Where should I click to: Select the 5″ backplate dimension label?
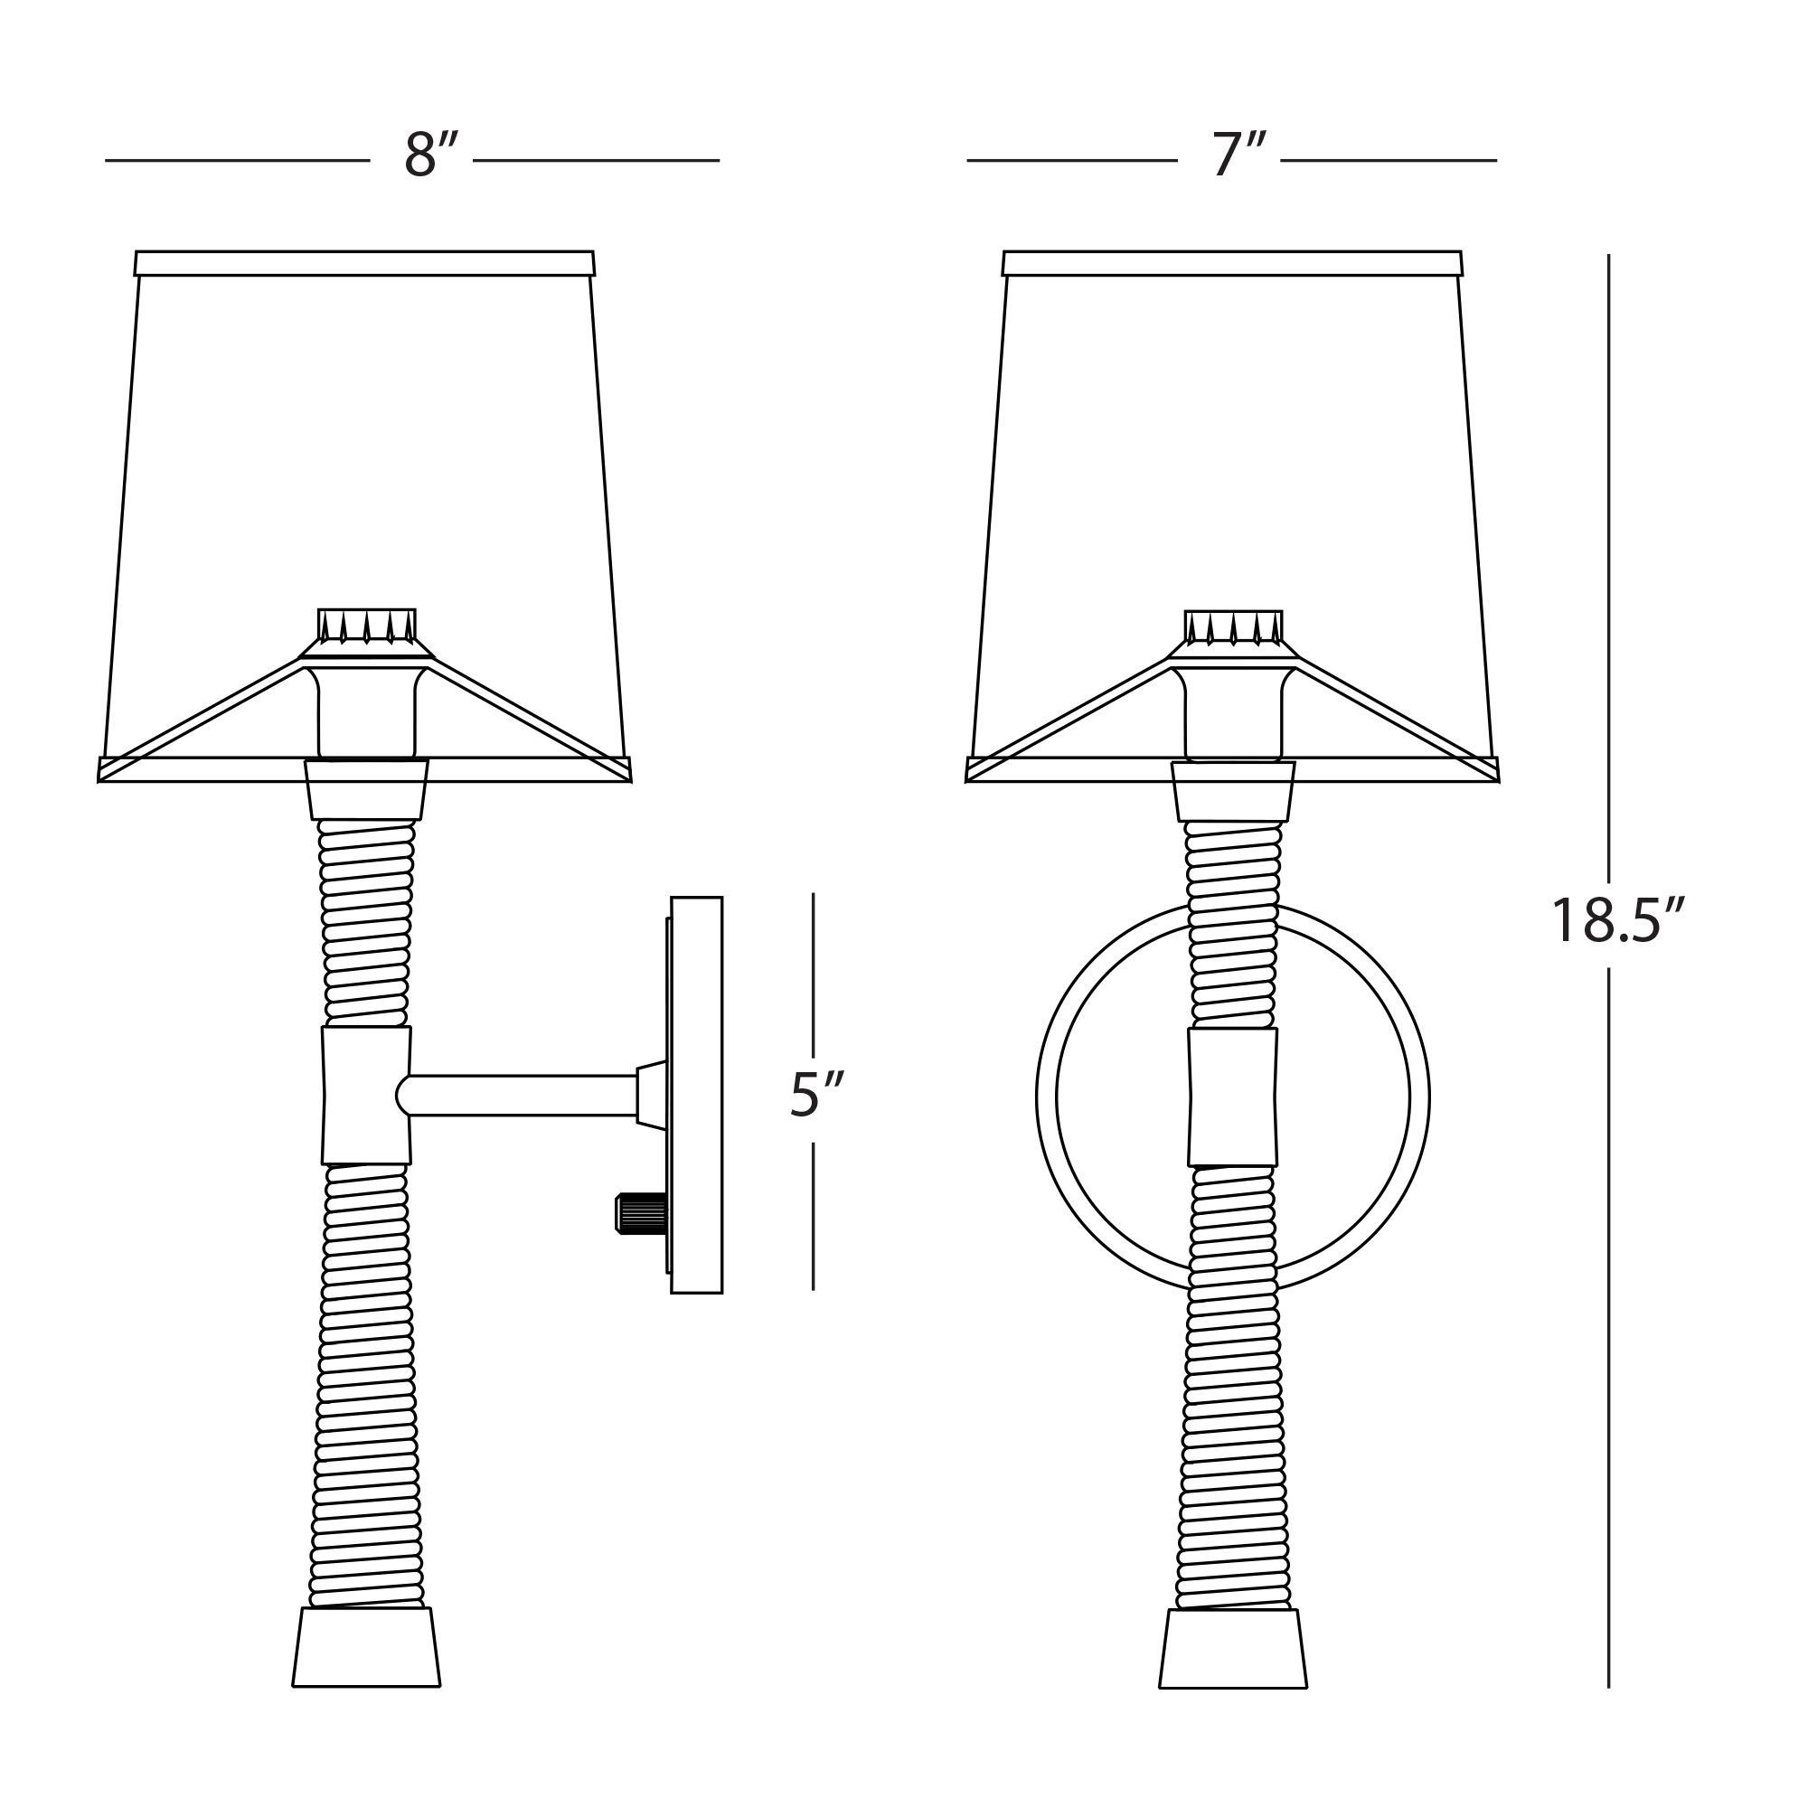[817, 1094]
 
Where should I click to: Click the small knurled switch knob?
[641, 1213]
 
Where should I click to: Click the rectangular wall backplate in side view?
[696, 1095]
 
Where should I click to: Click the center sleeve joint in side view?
[366, 1095]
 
